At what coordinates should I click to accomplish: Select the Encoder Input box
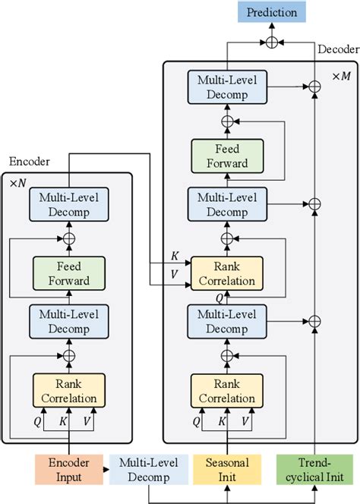(x=68, y=470)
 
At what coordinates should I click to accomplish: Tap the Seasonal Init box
(x=226, y=470)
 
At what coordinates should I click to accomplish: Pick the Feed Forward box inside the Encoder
(x=69, y=274)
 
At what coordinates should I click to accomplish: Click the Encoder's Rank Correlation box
(x=69, y=389)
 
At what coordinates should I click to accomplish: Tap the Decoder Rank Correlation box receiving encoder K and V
(x=226, y=273)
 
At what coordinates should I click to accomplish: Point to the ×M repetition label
(x=341, y=76)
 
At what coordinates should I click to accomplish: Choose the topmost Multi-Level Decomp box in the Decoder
(x=226, y=89)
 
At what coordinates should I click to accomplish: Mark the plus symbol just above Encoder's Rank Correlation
(x=69, y=355)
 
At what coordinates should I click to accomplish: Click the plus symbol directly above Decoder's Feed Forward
(x=226, y=121)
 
